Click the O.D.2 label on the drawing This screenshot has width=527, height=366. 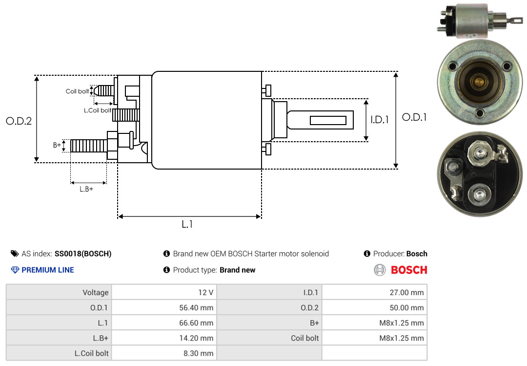19,121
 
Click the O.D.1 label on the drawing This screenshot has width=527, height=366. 414,117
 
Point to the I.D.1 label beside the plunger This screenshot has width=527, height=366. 380,120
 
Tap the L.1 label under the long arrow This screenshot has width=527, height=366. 187,224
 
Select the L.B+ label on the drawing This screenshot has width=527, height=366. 86,189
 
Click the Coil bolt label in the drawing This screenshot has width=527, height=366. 77,91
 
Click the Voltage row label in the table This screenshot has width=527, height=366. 96,293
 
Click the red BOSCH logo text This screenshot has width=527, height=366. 409,270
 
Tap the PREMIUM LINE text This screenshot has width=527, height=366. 48,270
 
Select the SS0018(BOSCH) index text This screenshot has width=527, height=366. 83,254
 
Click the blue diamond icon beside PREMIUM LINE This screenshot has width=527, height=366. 15,270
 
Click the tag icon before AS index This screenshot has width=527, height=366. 15,254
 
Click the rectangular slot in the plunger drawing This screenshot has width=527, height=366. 328,120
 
